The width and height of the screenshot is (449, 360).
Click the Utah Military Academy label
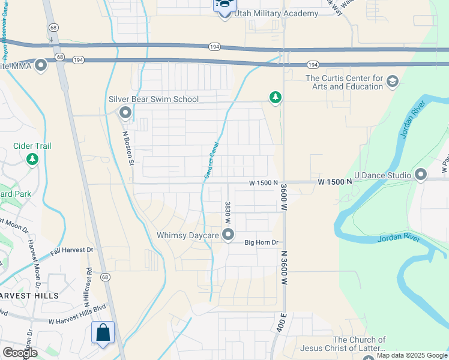(x=268, y=14)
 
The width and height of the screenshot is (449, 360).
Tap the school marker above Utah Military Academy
(x=224, y=5)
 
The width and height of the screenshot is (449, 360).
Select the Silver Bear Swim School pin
(x=125, y=112)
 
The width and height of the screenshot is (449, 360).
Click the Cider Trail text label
(x=32, y=146)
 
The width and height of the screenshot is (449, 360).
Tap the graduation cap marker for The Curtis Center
(x=393, y=81)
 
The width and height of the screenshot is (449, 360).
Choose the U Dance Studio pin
(x=420, y=175)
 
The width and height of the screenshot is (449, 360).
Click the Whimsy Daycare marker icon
(x=228, y=235)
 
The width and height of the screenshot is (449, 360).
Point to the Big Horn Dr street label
(x=262, y=242)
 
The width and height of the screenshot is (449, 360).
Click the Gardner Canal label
(x=210, y=160)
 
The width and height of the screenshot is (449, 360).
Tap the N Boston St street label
(x=127, y=145)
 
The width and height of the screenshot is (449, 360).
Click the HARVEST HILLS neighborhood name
(x=29, y=296)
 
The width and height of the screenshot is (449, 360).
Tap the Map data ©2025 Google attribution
(x=412, y=355)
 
